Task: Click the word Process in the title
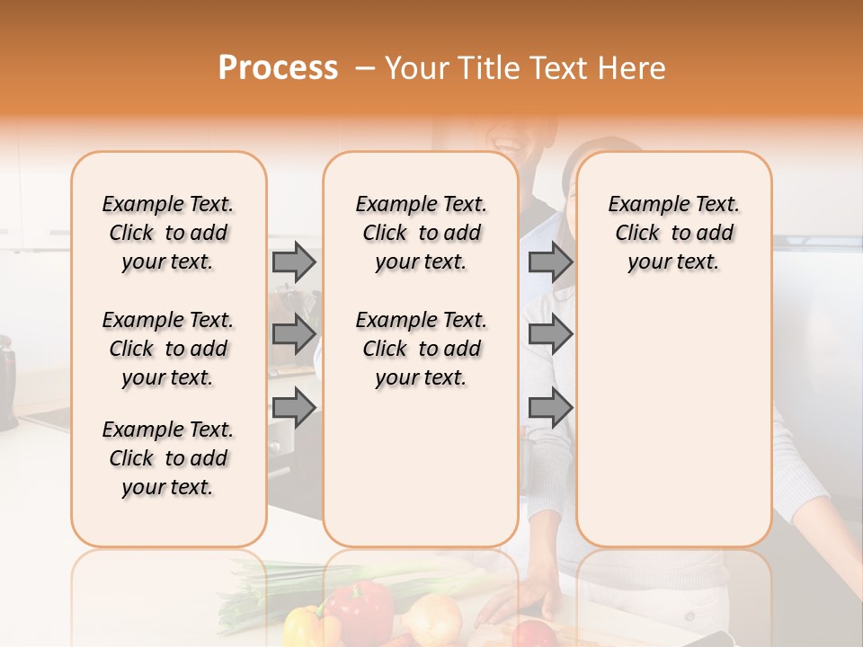278,68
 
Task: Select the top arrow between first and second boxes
294,261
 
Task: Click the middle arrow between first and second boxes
294,334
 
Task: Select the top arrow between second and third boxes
550,261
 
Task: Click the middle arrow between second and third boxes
550,334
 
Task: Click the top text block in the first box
168,233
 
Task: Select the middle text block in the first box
168,349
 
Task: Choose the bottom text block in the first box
168,458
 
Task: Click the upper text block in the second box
422,233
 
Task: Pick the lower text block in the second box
422,349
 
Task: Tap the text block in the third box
674,233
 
